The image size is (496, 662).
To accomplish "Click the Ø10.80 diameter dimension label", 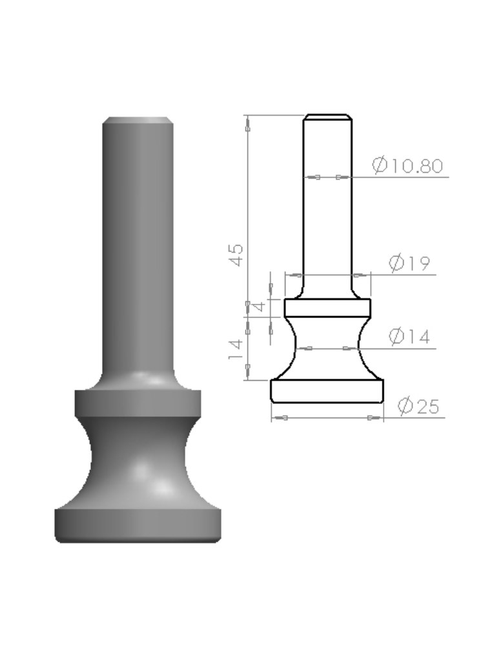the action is click(x=408, y=165).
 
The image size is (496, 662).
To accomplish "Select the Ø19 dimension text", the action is click(x=409, y=264).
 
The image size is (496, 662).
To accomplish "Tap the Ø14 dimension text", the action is click(x=409, y=337).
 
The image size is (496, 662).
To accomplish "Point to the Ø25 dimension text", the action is click(x=418, y=406).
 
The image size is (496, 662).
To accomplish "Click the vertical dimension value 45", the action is click(x=236, y=255).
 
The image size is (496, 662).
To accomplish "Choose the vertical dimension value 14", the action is click(x=236, y=348).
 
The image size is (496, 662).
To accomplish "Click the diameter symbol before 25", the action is click(x=406, y=406).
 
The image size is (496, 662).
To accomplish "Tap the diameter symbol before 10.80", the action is click(x=380, y=165).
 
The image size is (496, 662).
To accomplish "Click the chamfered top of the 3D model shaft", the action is click(x=138, y=120).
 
